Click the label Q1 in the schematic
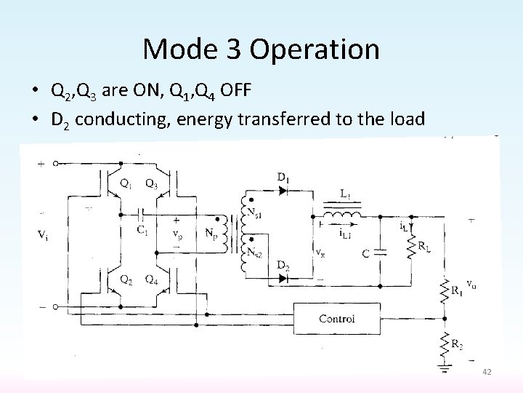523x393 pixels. click(127, 183)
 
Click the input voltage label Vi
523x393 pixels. click(44, 234)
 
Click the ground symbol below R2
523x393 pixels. click(445, 369)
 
